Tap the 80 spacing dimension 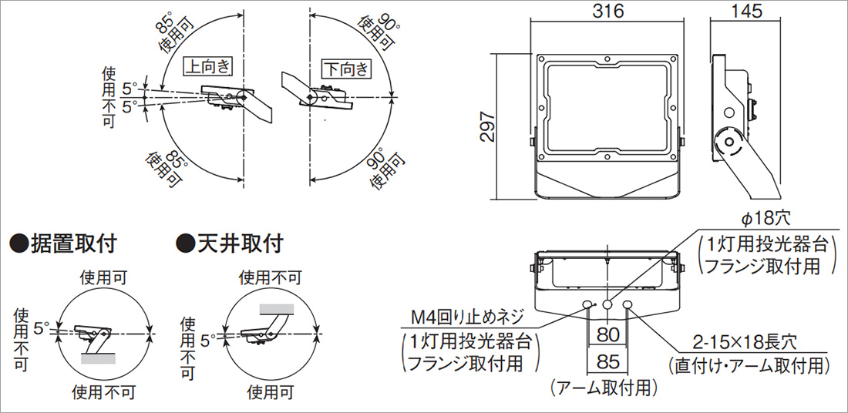coord(608,335)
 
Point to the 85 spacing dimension coord(608,360)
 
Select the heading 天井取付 coord(240,244)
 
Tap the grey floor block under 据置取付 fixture coord(99,358)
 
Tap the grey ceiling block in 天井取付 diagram coord(276,308)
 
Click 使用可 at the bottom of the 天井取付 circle coord(270,393)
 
